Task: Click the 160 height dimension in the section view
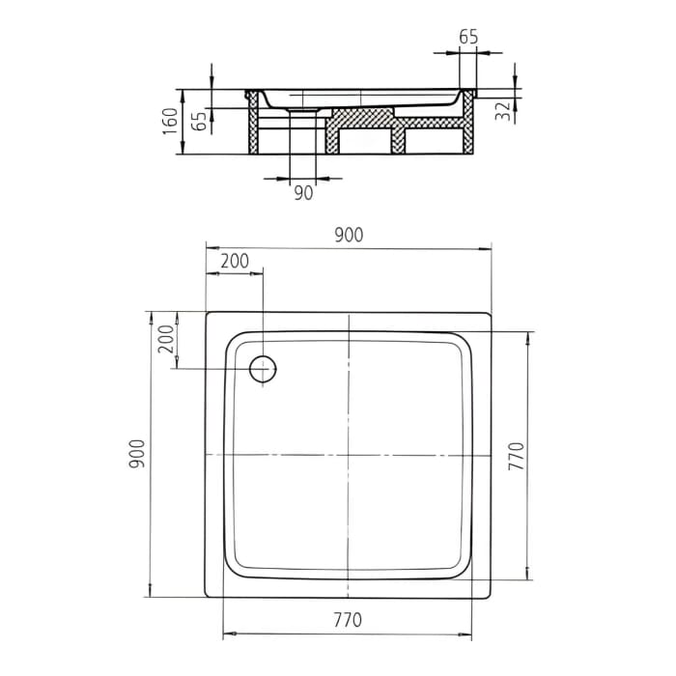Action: click(x=170, y=121)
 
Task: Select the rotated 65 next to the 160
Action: click(x=199, y=121)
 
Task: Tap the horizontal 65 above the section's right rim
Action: click(x=468, y=38)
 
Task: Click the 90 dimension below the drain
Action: click(x=303, y=193)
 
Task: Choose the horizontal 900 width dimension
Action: click(x=349, y=236)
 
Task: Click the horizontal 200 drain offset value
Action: click(x=234, y=261)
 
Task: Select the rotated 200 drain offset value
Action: click(x=165, y=340)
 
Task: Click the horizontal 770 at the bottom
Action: click(x=349, y=619)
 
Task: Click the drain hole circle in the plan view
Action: click(x=263, y=369)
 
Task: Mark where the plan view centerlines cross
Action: click(x=349, y=455)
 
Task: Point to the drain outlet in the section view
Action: click(x=303, y=110)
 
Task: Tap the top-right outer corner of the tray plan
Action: click(x=491, y=312)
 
